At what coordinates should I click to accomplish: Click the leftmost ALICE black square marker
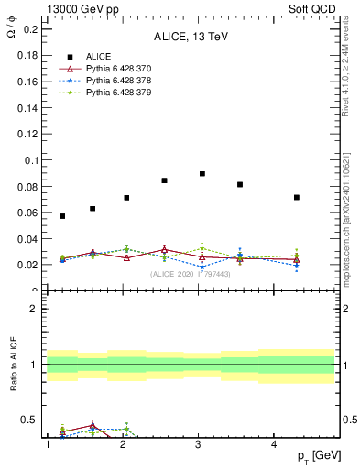pyautogui.click(x=62, y=216)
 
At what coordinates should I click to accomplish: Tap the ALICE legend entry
pyautogui.click(x=99, y=56)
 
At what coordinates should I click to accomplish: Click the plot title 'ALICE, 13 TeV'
pyautogui.click(x=190, y=37)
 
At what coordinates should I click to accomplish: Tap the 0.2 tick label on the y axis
pyautogui.click(x=28, y=29)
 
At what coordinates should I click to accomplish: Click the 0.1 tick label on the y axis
pyautogui.click(x=28, y=160)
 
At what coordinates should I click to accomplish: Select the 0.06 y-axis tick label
pyautogui.click(x=26, y=213)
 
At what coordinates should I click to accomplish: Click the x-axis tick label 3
pyautogui.click(x=199, y=445)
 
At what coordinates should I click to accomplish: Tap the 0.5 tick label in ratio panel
pyautogui.click(x=28, y=420)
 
